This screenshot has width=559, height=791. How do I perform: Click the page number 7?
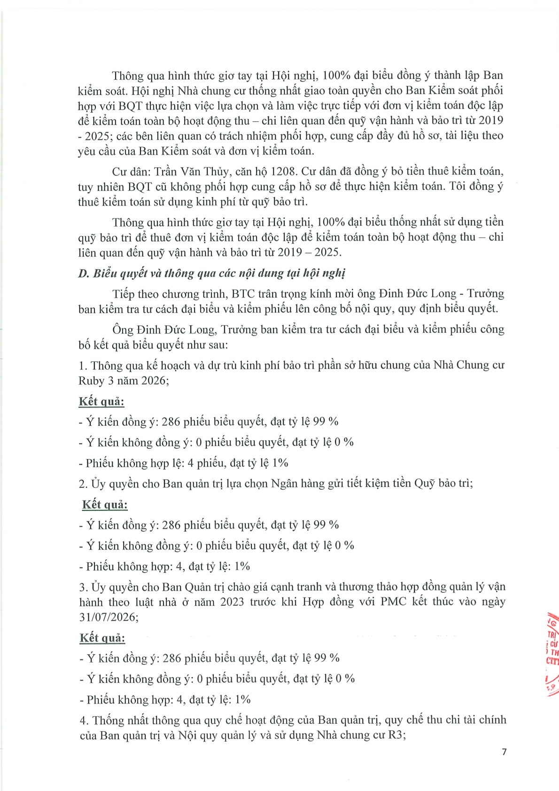(x=504, y=752)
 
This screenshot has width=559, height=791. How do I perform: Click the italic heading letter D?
(x=83, y=274)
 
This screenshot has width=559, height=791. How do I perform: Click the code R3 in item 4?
(x=396, y=735)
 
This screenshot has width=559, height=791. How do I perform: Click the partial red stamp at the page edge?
(x=551, y=653)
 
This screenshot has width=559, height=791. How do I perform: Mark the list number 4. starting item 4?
(x=84, y=720)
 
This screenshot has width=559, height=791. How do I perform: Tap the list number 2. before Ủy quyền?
(x=83, y=484)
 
